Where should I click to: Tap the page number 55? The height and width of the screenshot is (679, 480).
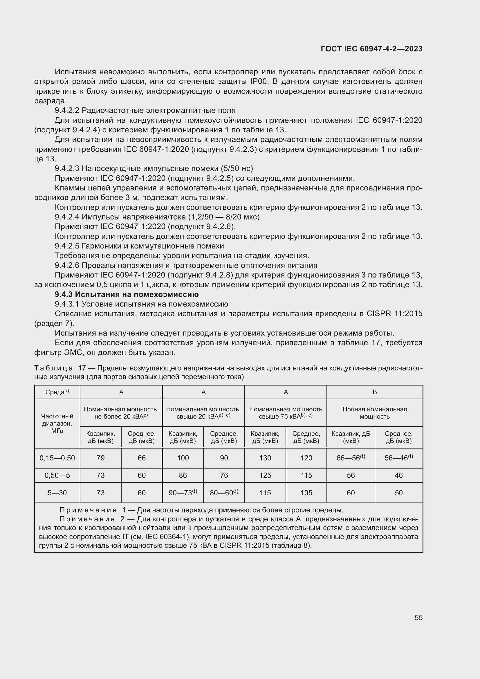click(x=418, y=617)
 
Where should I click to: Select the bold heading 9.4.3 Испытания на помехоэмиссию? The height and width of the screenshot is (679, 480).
click(x=127, y=294)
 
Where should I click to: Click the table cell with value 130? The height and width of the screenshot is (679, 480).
click(x=265, y=458)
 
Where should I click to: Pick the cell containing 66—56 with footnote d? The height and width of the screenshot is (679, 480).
click(x=351, y=458)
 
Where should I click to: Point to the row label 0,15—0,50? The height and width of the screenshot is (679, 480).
click(x=57, y=458)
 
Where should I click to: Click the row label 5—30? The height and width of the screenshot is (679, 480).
click(x=57, y=493)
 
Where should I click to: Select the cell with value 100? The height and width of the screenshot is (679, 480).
click(x=183, y=458)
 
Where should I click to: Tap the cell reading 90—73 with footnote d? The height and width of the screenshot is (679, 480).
click(x=183, y=493)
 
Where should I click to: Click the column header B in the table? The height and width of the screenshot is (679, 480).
click(x=374, y=392)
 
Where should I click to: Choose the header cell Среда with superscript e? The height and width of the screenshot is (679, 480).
click(x=57, y=392)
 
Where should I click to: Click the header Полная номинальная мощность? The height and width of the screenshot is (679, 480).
click(x=374, y=413)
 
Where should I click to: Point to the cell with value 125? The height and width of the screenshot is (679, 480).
click(x=265, y=475)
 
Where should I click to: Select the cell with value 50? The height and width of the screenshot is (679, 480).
click(x=398, y=493)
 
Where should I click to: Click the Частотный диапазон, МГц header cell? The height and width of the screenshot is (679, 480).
click(x=57, y=423)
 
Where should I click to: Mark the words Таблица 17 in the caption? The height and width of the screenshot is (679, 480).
click(x=60, y=368)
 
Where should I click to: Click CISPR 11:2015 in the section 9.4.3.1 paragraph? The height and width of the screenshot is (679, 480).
click(x=394, y=314)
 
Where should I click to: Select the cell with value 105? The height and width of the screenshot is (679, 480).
click(x=306, y=493)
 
